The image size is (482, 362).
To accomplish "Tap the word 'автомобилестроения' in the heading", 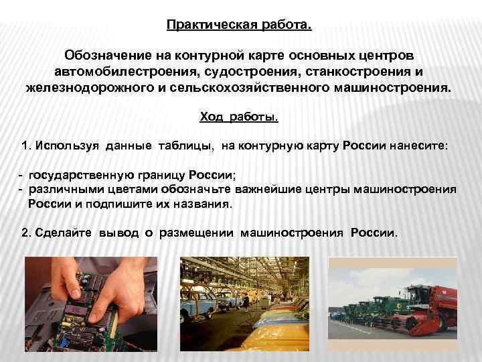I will [x=114, y=70].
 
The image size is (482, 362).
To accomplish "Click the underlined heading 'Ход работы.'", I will [x=239, y=117].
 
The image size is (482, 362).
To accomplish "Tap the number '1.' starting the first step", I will [x=27, y=145].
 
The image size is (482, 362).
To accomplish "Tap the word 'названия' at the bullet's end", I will [x=206, y=204].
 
